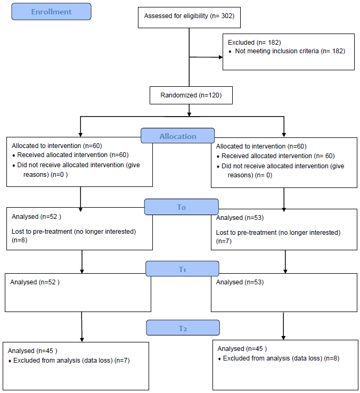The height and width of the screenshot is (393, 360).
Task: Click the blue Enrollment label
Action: click(52, 12)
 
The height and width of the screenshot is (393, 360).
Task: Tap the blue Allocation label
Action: click(178, 136)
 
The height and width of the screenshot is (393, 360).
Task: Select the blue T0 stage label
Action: click(181, 207)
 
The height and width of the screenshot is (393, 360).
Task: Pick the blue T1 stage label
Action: click(182, 269)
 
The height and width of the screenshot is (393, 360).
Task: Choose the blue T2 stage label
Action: click(183, 328)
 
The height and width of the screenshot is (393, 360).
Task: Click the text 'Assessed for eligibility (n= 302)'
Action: click(189, 16)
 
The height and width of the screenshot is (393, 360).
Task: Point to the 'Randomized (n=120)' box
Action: click(191, 95)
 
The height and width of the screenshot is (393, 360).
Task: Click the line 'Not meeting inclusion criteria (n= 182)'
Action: click(290, 51)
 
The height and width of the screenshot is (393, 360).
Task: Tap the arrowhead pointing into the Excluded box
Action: click(221, 57)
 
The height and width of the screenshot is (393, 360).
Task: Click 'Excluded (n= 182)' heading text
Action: click(254, 43)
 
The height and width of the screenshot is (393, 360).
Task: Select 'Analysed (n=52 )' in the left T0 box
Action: click(36, 217)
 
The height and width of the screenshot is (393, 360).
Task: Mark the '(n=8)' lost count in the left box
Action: click(20, 240)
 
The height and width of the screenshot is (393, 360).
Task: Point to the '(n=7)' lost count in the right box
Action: click(224, 241)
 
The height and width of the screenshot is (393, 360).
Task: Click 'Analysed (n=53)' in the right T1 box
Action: click(240, 282)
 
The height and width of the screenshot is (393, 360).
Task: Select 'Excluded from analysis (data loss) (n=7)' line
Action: click(71, 361)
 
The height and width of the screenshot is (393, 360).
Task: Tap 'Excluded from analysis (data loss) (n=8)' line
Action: click(281, 358)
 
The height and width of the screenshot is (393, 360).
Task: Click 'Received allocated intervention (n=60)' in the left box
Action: click(73, 155)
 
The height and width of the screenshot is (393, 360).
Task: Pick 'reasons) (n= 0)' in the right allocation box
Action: click(250, 175)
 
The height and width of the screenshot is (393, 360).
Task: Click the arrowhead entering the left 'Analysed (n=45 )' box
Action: click(82, 340)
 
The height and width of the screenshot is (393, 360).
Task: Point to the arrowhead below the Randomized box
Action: click(189, 114)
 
